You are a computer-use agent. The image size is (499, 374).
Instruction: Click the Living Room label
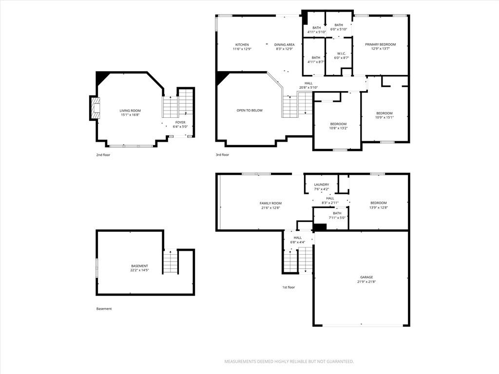(x=130, y=111)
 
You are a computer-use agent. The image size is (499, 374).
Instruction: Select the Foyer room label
(x=180, y=122)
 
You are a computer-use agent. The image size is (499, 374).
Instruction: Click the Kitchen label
(x=242, y=45)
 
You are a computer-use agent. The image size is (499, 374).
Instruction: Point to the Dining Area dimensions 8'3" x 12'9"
(x=284, y=49)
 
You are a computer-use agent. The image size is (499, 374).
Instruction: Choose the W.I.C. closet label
(x=341, y=54)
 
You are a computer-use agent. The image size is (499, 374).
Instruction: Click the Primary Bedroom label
(x=380, y=44)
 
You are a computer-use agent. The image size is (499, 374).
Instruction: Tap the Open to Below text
(x=249, y=111)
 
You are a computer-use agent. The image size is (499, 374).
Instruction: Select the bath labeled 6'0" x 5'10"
(x=339, y=27)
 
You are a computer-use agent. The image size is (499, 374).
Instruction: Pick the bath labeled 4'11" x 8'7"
(x=316, y=60)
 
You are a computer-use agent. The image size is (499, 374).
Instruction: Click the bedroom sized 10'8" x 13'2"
(x=338, y=126)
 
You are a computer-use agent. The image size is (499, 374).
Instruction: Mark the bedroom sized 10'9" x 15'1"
(x=384, y=115)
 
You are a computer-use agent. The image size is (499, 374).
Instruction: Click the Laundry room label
(x=322, y=185)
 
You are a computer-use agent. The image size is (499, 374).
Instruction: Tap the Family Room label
(x=270, y=204)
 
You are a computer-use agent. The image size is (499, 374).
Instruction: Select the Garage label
(x=366, y=277)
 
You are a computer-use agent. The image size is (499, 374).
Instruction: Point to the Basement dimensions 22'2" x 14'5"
(x=140, y=270)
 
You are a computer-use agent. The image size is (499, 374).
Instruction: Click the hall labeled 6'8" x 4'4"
(x=298, y=240)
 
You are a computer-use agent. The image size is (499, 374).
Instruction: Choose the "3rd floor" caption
(x=222, y=155)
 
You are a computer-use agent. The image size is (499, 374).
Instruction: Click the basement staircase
(x=171, y=262)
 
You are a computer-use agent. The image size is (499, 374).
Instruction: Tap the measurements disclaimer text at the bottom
(x=289, y=362)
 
